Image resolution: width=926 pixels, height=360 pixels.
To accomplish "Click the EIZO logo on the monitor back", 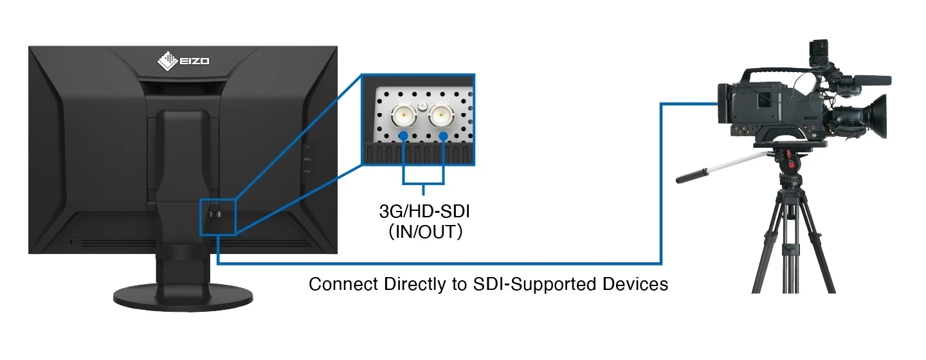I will coord(183,61).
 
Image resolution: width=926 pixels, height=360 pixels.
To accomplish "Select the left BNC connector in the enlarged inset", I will coord(403,115).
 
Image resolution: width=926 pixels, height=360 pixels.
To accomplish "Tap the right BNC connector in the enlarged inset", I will coord(442,115).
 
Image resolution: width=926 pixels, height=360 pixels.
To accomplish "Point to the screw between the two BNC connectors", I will coord(422,105).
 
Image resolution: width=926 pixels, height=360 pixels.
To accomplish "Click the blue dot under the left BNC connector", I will coord(403,136).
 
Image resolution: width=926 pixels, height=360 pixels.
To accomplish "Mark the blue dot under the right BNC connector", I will coord(444,136).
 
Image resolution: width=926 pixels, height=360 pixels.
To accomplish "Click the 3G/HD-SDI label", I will coord(424,211).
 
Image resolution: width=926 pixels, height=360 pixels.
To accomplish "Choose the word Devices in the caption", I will coord(636,284).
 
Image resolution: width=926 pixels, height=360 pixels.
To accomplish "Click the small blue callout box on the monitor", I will coord(219,216).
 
